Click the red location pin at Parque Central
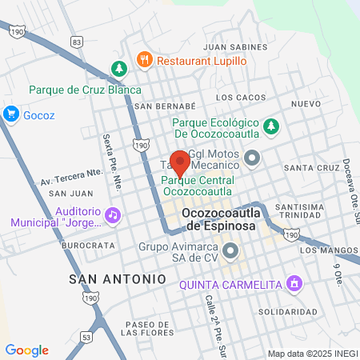(x=180, y=162)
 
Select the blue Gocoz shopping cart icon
(x=11, y=113)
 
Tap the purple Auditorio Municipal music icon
(x=113, y=214)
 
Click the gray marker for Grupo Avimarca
(x=230, y=252)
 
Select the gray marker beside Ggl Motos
(x=253, y=158)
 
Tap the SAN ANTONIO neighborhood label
(x=118, y=278)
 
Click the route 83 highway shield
(x=76, y=40)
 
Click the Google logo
(x=26, y=350)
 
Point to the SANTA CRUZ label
(x=308, y=168)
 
